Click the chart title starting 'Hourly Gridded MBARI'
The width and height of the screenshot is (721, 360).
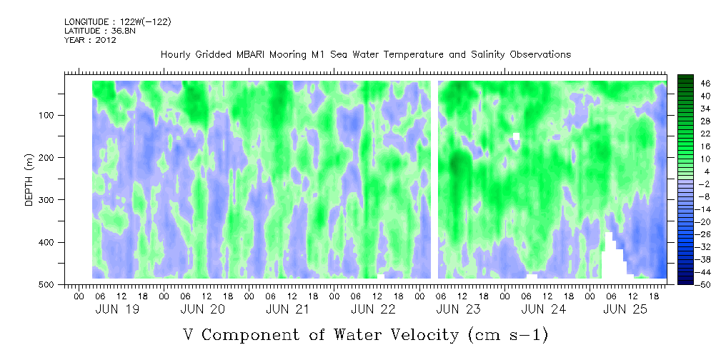coord(366,55)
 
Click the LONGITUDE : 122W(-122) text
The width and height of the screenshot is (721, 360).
coord(117,22)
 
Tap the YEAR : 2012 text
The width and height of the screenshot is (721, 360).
coord(90,40)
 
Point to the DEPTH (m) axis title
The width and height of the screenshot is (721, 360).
coord(29,183)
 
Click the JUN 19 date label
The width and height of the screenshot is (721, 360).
coord(116,309)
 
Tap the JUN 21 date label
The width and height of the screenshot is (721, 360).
coord(287,309)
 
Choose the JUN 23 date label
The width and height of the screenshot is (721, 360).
coord(457,309)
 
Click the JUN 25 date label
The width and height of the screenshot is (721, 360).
coord(625,309)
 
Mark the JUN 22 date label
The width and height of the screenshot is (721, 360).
coord(372,309)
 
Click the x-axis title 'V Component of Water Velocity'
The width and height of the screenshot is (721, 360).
coord(365,334)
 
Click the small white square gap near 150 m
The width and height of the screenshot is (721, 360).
coord(517,136)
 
